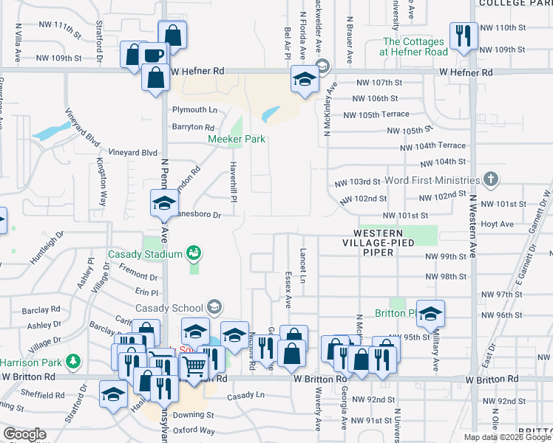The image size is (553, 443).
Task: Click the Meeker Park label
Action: point(236,138)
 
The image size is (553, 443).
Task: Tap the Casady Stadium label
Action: point(145,255)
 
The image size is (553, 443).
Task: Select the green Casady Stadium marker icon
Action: point(194,254)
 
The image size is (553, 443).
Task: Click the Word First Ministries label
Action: point(432,180)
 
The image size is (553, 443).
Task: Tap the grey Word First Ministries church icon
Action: point(489,179)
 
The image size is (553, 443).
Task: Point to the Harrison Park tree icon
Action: point(72,361)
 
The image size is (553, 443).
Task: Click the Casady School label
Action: point(169,308)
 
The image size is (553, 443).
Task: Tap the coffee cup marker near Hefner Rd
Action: point(154,56)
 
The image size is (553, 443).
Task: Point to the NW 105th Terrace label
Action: point(381,114)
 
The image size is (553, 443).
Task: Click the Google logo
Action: point(24,434)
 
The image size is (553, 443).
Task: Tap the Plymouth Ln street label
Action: point(194,110)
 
